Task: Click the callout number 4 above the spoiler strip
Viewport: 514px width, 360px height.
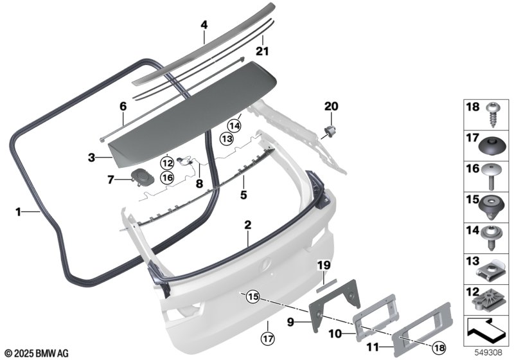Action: coord(204,25)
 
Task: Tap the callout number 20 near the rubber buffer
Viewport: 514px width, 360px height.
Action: coord(330,106)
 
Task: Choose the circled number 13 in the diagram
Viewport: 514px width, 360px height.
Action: coord(226,138)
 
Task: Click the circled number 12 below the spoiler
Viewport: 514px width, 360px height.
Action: coord(167,163)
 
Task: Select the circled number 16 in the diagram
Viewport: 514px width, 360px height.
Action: coord(167,177)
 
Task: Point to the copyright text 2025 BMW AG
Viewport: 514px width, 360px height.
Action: coord(36,353)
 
